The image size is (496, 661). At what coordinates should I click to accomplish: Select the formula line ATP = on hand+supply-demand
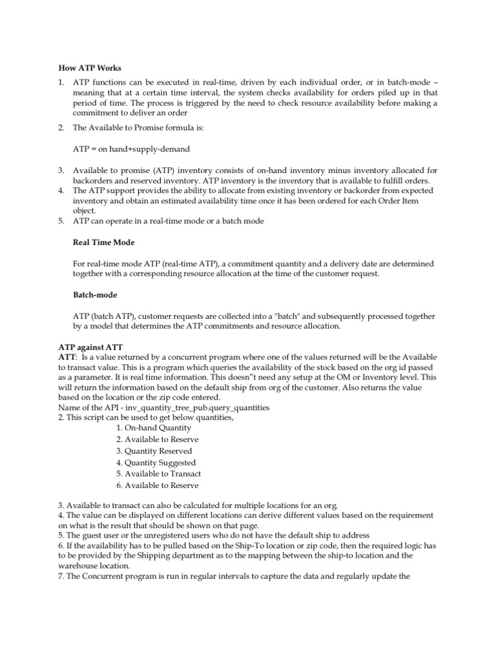(x=131, y=149)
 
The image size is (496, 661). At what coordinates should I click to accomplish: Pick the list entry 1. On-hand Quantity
(x=154, y=427)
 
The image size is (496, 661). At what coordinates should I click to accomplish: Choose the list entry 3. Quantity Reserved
(x=154, y=451)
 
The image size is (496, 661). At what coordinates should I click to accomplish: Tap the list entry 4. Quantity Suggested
(x=156, y=462)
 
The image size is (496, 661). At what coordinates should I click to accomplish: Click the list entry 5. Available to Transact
(x=159, y=473)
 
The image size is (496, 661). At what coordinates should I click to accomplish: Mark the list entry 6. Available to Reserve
(x=158, y=485)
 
